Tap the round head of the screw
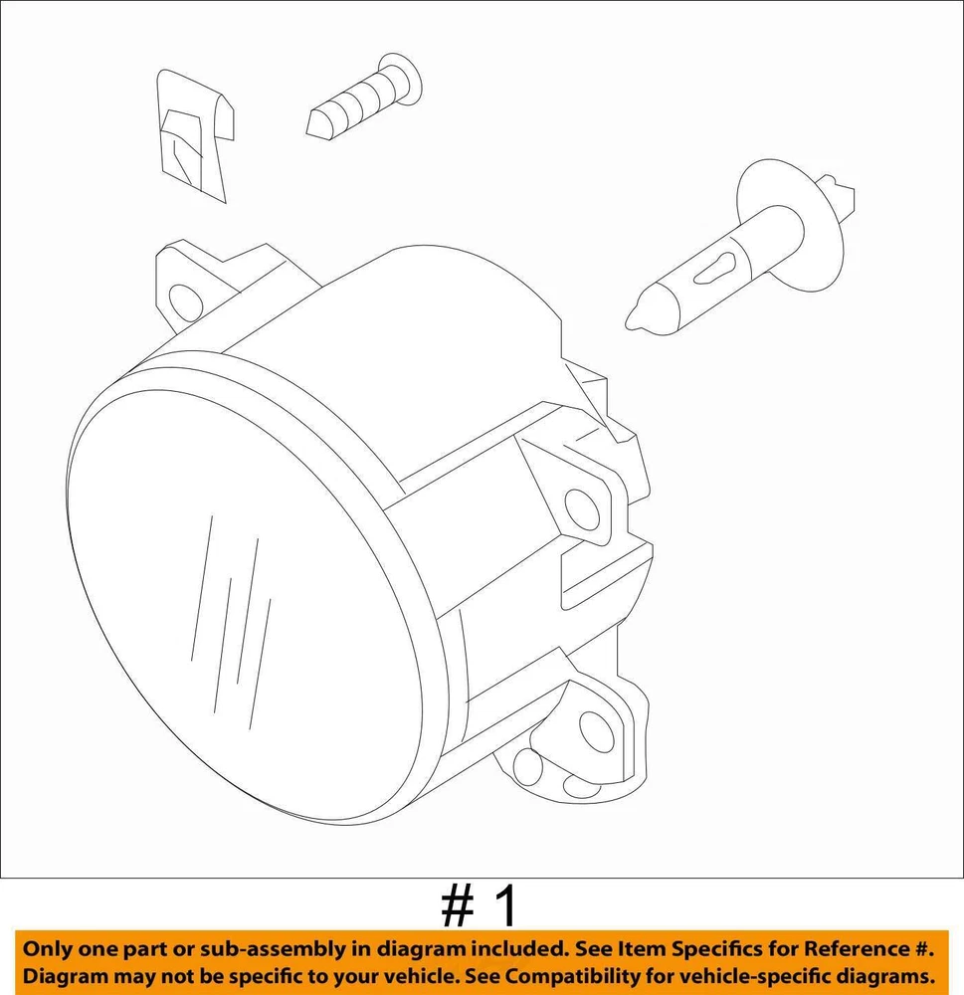[400, 80]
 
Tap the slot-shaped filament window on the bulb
[715, 269]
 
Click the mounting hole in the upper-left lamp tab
[185, 300]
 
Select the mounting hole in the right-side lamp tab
[582, 508]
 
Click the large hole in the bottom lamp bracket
[597, 731]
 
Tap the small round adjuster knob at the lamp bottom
[528, 767]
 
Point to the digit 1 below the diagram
[504, 906]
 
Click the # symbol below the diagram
[458, 907]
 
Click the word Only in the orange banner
[47, 949]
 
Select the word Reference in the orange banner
[855, 948]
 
